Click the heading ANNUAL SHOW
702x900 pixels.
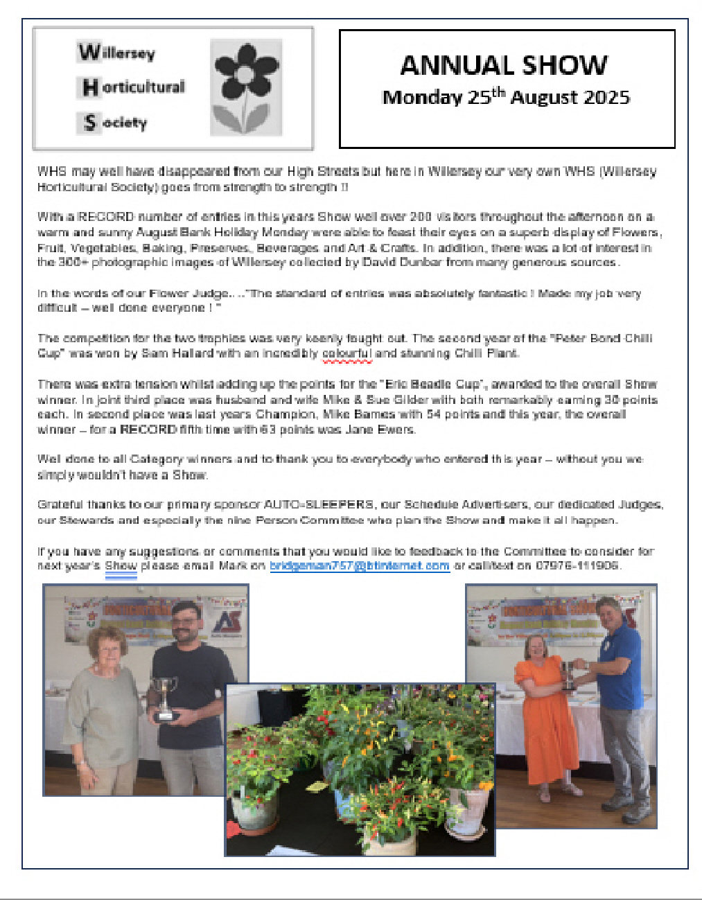pyautogui.click(x=504, y=65)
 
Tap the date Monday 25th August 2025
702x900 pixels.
pyautogui.click(x=506, y=97)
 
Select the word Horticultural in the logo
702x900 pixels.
pyautogui.click(x=134, y=87)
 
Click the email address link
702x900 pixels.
pyautogui.click(x=359, y=566)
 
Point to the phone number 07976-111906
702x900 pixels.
pyautogui.click(x=578, y=566)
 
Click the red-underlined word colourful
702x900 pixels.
pyautogui.click(x=347, y=353)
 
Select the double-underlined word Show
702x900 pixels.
pyautogui.click(x=121, y=566)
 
